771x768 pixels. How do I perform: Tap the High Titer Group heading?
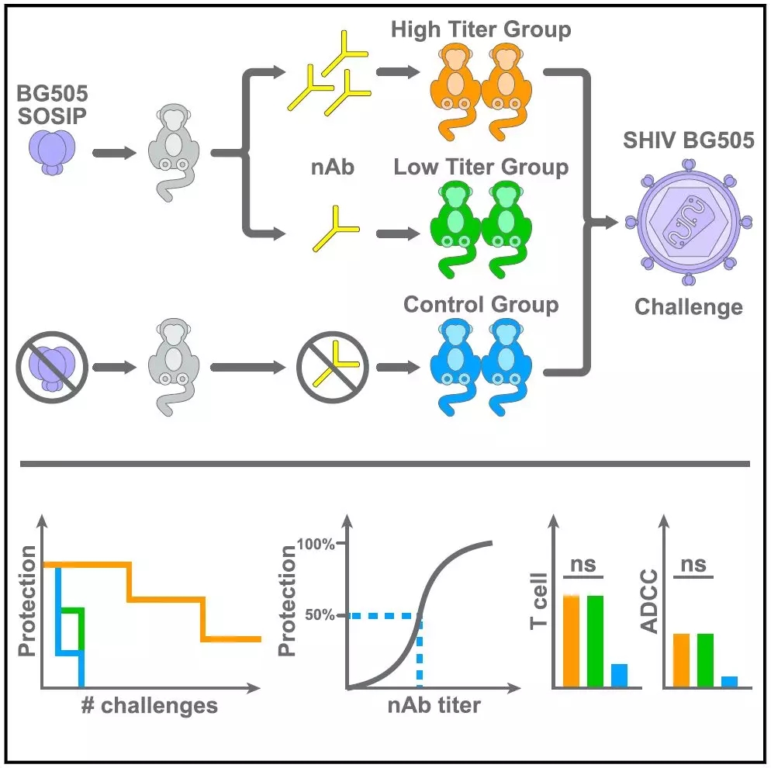coord(481,30)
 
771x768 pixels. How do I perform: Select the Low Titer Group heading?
coord(481,168)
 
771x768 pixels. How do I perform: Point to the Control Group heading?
coord(481,304)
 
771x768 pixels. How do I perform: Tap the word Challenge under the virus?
coord(689,307)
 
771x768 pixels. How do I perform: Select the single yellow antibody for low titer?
coord(334,230)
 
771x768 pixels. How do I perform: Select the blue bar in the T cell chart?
coord(619,675)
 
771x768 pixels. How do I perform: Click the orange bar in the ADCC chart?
coord(681,660)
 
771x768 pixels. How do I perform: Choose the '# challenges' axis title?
coord(147,706)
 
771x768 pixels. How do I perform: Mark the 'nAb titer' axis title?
coord(434,706)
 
